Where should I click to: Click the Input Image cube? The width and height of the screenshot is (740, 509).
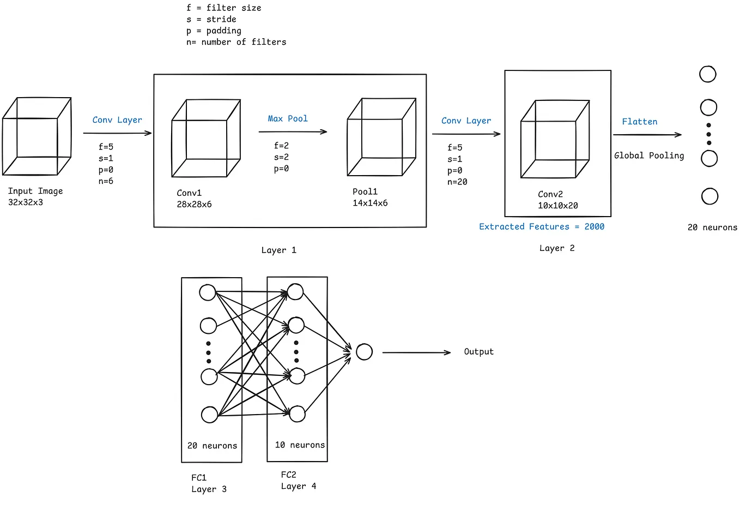click(x=37, y=136)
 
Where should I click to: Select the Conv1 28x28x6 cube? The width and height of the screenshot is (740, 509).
click(x=206, y=139)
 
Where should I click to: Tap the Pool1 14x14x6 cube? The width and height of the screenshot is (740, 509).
click(x=381, y=137)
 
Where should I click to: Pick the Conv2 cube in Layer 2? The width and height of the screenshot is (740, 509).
click(x=555, y=139)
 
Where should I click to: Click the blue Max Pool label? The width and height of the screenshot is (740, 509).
click(x=288, y=118)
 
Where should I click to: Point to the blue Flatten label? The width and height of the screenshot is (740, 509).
click(x=640, y=122)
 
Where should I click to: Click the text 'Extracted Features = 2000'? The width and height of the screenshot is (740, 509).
click(x=542, y=226)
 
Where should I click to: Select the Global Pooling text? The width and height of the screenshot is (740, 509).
click(x=649, y=155)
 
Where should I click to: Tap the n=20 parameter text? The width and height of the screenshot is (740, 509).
click(x=457, y=182)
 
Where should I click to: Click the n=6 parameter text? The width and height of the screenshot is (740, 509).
click(x=106, y=181)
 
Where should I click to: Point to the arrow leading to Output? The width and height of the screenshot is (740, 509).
click(x=416, y=352)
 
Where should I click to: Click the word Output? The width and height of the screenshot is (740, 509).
click(x=478, y=352)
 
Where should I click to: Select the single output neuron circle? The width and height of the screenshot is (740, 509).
click(x=364, y=352)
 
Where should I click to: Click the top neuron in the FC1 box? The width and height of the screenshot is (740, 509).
click(x=208, y=292)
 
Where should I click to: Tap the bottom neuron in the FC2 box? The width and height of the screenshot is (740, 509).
click(x=297, y=414)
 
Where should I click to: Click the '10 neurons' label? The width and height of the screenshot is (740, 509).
click(x=300, y=445)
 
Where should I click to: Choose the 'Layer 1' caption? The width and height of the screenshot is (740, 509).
click(x=278, y=250)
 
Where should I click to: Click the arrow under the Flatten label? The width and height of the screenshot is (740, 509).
click(x=647, y=135)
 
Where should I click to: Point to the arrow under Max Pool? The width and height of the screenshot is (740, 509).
click(x=293, y=131)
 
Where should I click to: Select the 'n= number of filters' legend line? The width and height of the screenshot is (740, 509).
click(x=236, y=42)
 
